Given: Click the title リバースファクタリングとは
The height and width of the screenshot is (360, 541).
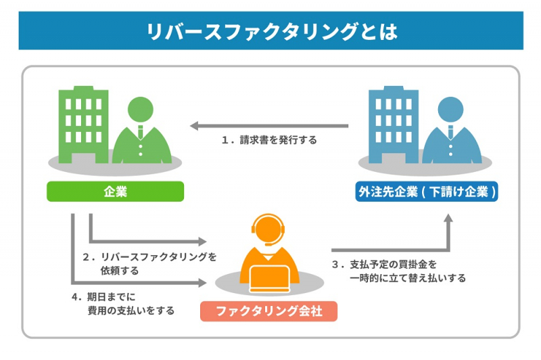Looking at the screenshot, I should point(270,31).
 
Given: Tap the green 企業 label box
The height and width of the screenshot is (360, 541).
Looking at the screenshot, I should point(115,192).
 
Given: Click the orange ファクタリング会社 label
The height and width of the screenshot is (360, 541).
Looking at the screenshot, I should point(268,311).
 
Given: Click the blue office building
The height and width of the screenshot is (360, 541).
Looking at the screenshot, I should point(392,122).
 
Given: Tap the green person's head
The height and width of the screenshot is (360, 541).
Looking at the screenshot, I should point(141,109).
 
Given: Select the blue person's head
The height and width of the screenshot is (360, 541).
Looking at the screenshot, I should point(452,109).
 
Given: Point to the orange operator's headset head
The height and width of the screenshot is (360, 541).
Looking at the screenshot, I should point(270,228).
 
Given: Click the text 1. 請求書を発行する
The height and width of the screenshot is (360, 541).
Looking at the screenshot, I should point(269,141).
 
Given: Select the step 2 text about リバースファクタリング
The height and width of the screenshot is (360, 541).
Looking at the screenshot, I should point(149,263).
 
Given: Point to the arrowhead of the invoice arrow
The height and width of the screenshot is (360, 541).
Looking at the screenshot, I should point(195,126).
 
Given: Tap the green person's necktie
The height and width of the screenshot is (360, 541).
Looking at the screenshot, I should point(141,132).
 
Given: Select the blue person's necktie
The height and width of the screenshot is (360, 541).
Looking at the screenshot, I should point(452,132).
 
